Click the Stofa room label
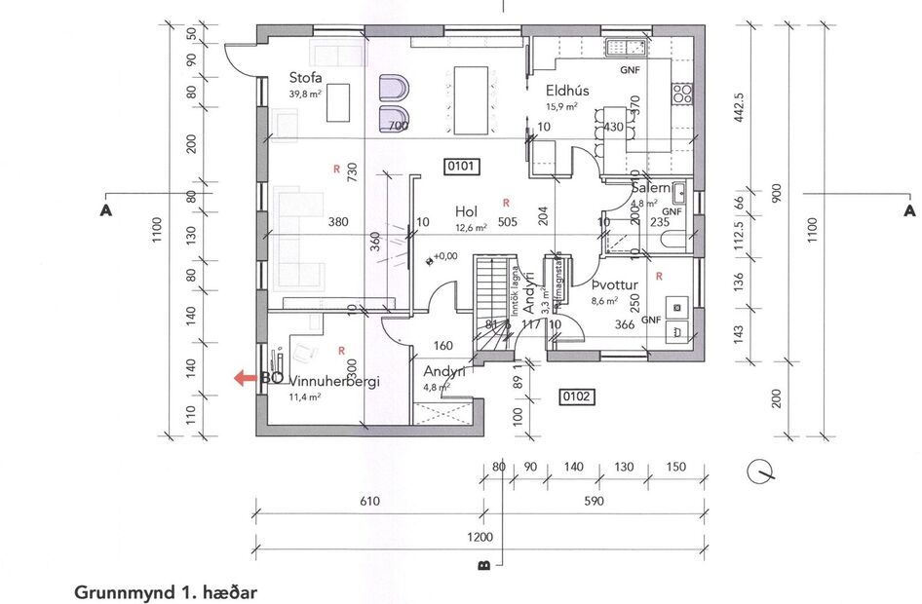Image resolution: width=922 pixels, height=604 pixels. click(x=305, y=78)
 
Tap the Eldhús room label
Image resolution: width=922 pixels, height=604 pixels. click(x=566, y=91)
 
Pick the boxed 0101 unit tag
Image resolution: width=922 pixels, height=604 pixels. click(x=460, y=167)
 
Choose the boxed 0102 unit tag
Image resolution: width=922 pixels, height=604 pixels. click(x=575, y=396)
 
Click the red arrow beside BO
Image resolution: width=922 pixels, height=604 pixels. click(x=244, y=379)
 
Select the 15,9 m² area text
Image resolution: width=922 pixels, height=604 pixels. click(x=561, y=106)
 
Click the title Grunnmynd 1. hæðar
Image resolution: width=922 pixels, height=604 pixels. click(x=165, y=591)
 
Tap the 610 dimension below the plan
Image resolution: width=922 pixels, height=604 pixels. click(x=368, y=502)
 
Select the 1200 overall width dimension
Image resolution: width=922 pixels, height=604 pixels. click(x=480, y=537)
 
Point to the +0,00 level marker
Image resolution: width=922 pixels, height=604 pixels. click(x=442, y=256)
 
